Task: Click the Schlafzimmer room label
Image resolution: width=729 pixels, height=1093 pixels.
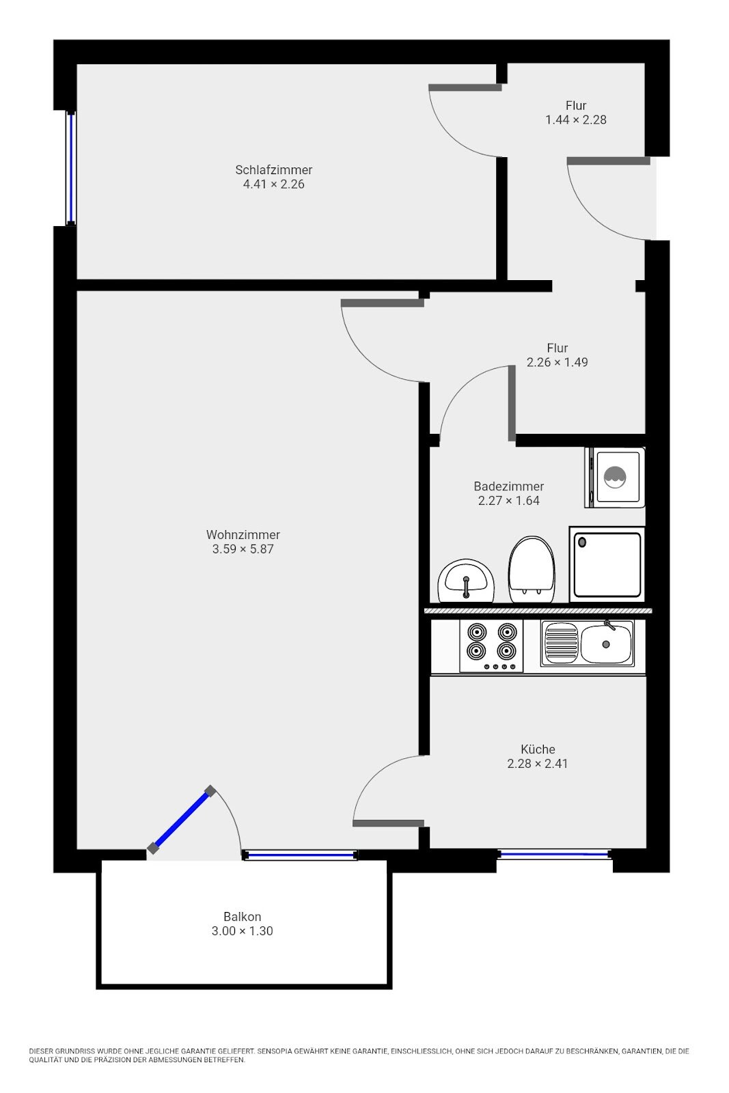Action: [273, 170]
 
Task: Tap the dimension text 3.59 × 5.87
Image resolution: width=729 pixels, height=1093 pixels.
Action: [243, 549]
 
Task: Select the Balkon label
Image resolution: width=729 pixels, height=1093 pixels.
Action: [242, 916]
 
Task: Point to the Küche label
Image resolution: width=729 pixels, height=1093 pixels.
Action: [538, 749]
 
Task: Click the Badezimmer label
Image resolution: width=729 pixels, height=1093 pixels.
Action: [508, 486]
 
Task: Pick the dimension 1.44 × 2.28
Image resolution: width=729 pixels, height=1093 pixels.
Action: [576, 120]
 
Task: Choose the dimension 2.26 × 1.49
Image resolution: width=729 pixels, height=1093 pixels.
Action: [558, 362]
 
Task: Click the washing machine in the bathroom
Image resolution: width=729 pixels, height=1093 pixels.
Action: [615, 478]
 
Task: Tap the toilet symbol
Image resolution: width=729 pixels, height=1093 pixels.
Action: [532, 570]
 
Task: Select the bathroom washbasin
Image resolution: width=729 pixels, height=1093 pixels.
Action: [466, 581]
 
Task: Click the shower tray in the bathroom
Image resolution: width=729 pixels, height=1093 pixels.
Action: [607, 564]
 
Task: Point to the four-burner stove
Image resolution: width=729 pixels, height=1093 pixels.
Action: [491, 646]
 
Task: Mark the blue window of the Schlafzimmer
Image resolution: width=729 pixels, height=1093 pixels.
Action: [71, 168]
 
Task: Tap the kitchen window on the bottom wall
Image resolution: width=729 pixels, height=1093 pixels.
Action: [554, 854]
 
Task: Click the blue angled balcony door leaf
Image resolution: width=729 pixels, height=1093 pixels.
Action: [182, 819]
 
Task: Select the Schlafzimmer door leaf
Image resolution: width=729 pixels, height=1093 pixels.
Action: [465, 88]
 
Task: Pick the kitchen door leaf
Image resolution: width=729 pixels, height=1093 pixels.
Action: [388, 823]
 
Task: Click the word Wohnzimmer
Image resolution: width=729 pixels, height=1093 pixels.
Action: [243, 534]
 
